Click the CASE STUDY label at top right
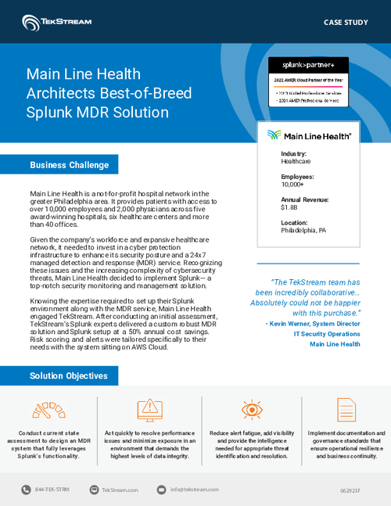click(x=345, y=22)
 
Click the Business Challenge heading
click(x=69, y=165)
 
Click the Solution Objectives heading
click(x=68, y=376)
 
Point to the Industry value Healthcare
click(x=296, y=162)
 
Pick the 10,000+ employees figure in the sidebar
click(x=293, y=185)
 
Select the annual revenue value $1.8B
click(x=288, y=208)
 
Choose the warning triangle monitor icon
click(x=147, y=409)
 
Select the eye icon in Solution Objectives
click(x=251, y=409)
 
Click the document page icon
click(x=346, y=409)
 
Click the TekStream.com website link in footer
click(x=120, y=490)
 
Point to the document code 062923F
click(x=350, y=490)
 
